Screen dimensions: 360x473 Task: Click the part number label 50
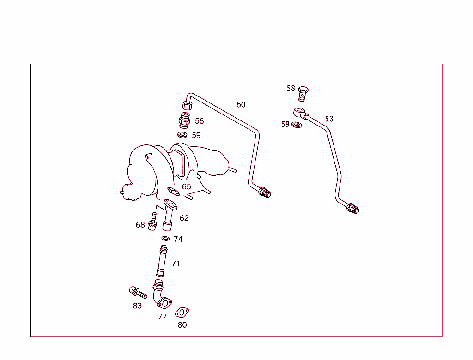(241, 105)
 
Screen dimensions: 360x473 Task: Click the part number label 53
(329, 119)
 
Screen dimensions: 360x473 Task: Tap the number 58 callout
(291, 88)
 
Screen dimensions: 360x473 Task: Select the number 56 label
(199, 121)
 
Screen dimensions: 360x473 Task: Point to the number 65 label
(186, 187)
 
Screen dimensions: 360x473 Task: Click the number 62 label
(184, 218)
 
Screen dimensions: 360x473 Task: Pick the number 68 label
(140, 225)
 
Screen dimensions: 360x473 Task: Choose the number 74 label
(178, 239)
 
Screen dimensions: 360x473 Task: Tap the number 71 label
(176, 264)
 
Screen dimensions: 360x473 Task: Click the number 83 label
(137, 306)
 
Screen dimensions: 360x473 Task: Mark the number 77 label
(162, 317)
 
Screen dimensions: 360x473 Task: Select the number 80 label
(182, 325)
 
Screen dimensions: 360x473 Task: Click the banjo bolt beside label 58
(303, 93)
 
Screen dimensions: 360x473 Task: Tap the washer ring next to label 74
(165, 239)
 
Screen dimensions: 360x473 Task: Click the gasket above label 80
(182, 312)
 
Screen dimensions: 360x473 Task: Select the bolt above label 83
(138, 292)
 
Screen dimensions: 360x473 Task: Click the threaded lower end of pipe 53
(353, 209)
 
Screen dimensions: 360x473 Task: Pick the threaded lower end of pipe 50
(265, 192)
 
